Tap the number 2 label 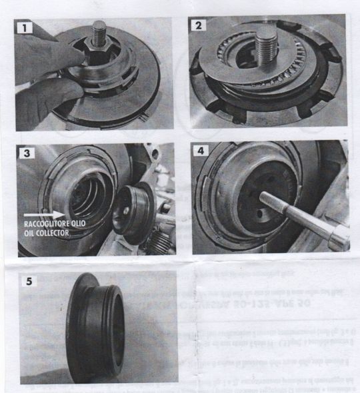pos(198,27)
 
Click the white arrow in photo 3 pos(49,215)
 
